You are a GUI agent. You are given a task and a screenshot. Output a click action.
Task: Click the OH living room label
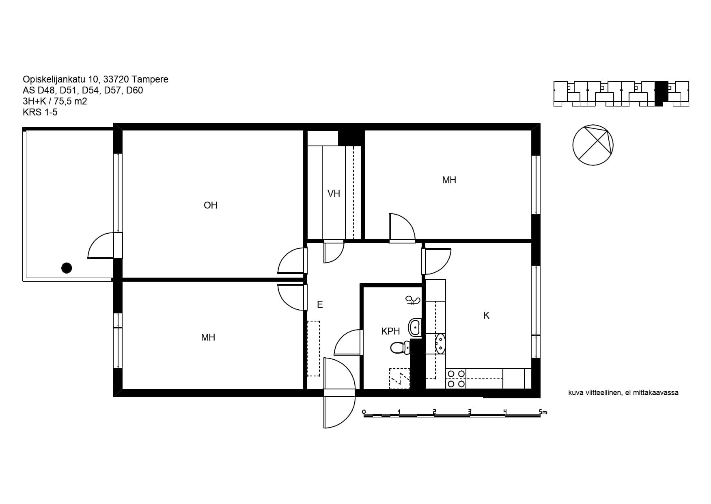210,205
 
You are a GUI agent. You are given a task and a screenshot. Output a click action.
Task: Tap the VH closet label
334,193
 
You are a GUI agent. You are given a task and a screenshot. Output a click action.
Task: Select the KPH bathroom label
390,331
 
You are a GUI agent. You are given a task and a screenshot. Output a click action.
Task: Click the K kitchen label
486,315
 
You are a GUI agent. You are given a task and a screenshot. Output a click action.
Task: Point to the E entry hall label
320,304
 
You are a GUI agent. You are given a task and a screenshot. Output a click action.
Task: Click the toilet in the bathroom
400,348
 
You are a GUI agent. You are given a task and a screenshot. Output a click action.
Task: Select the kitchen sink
440,343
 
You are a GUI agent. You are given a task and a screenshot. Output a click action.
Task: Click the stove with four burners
456,378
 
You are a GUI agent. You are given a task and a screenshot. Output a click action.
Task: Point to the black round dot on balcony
67,268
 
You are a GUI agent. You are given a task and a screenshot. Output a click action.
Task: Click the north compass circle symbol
592,145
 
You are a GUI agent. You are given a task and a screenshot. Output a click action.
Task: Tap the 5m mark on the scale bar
543,412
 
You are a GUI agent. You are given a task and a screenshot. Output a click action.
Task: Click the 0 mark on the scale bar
364,412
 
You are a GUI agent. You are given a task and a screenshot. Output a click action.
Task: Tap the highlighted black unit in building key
661,93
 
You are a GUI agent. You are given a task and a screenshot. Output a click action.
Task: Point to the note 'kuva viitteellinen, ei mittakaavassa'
623,393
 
